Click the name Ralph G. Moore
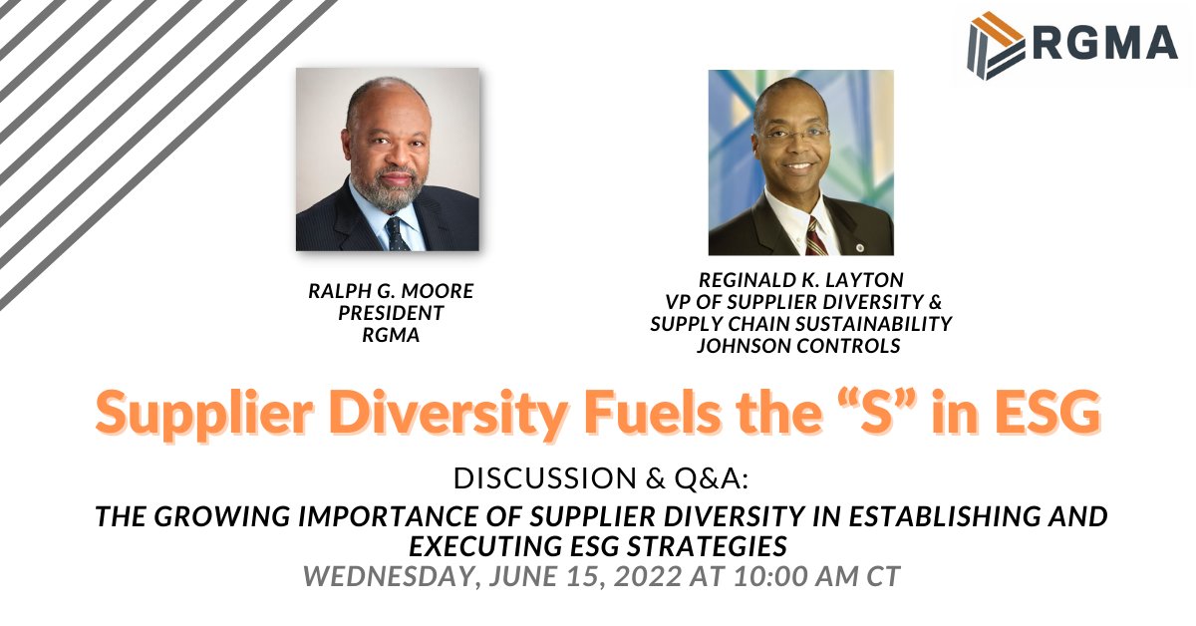tap(390, 292)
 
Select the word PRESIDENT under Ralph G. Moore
tap(390, 313)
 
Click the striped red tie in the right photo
tap(815, 237)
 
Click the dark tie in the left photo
tap(395, 232)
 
